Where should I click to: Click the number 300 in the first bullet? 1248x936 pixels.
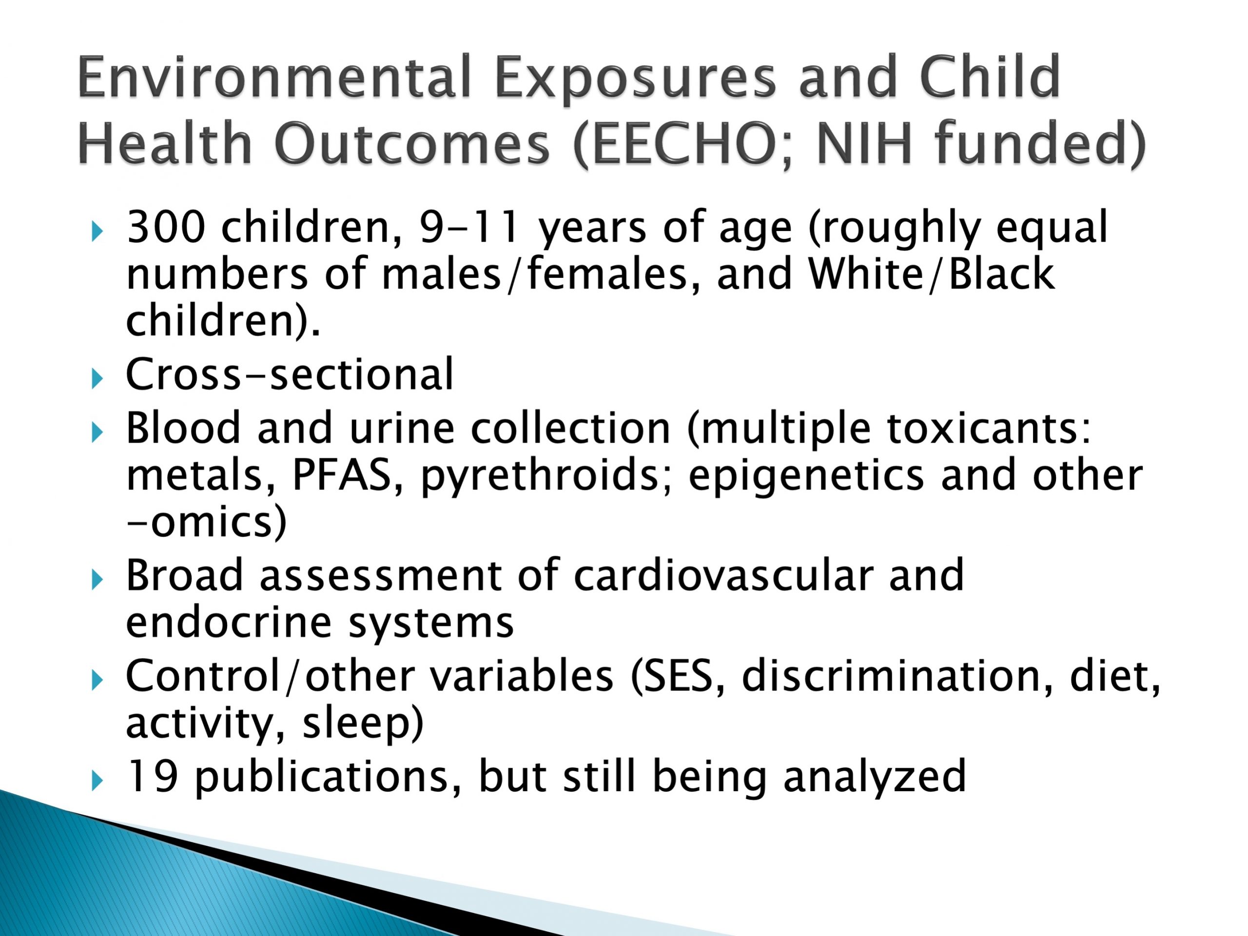point(165,227)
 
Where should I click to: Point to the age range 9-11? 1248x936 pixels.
point(468,227)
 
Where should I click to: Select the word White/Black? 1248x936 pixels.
point(931,274)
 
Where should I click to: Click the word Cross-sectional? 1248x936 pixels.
point(290,373)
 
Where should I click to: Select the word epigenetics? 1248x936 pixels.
point(806,477)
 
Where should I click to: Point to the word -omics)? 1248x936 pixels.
point(207,523)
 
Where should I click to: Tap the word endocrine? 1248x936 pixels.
point(229,623)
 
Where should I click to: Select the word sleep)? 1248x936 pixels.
point(363,723)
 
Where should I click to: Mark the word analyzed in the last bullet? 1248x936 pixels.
point(875,778)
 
